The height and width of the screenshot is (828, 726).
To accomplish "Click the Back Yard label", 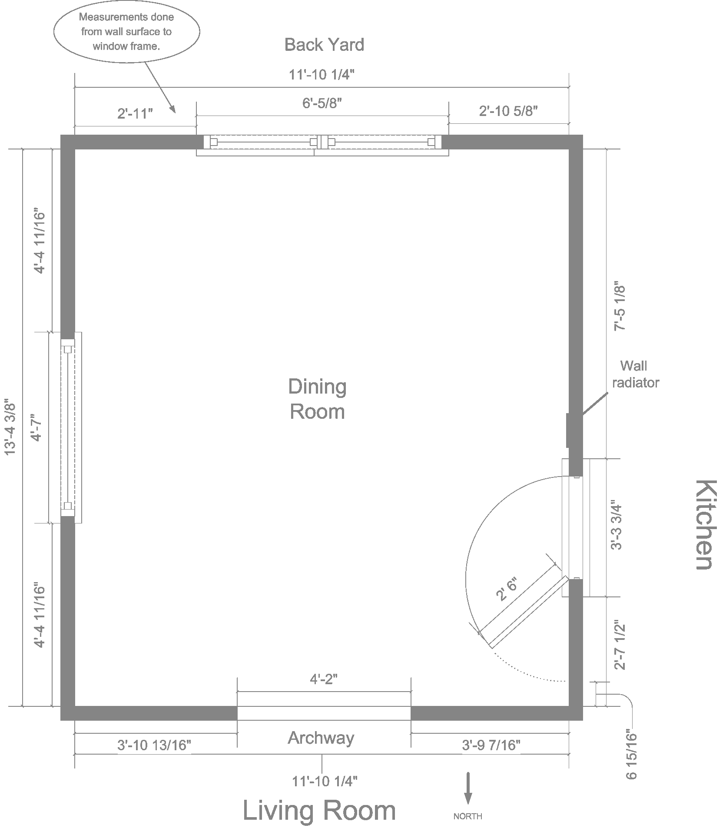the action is tap(324, 45).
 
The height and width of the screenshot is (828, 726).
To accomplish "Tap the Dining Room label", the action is tap(318, 399).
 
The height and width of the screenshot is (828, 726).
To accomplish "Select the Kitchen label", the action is tap(703, 524).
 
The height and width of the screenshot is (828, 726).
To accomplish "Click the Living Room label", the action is tap(319, 811).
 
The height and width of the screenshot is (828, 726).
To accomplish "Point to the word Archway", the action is tap(321, 738).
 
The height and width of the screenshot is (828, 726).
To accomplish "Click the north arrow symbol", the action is tap(468, 788).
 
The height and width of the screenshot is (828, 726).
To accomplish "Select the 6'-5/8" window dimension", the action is tap(322, 104).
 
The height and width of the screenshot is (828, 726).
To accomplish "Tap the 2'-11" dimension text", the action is tap(135, 114).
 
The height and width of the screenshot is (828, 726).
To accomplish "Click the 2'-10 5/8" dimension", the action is tap(508, 111).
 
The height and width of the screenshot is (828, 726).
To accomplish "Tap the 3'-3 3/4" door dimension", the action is tap(617, 527).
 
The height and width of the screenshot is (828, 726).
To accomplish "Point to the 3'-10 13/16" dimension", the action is tap(154, 745).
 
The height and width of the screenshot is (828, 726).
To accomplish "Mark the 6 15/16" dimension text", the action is tap(631, 755).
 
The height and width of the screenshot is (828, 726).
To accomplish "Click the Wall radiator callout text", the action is tap(635, 374).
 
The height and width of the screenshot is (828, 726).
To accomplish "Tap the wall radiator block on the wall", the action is tap(568, 430).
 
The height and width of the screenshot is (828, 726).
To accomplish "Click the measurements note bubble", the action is tap(126, 32).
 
